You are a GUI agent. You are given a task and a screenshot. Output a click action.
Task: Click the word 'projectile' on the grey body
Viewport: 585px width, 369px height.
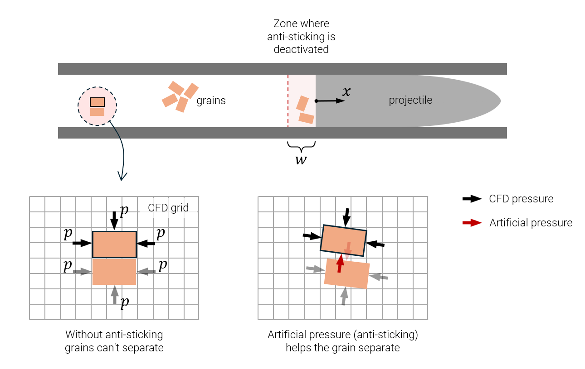pyautogui.click(x=410, y=100)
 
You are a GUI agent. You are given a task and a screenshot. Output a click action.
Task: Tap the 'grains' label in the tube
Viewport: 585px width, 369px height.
pyautogui.click(x=211, y=101)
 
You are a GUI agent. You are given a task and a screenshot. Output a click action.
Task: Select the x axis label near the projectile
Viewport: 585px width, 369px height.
pyautogui.click(x=346, y=92)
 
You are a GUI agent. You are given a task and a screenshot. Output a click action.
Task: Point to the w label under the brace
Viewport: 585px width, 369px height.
pyautogui.click(x=301, y=160)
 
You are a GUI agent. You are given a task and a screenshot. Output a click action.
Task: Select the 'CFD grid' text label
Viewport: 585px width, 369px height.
pyautogui.click(x=168, y=208)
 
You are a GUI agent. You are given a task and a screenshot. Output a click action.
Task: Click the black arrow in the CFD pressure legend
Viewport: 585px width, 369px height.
pyautogui.click(x=472, y=199)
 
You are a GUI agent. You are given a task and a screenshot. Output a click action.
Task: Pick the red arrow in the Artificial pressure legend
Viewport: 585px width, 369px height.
pyautogui.click(x=472, y=223)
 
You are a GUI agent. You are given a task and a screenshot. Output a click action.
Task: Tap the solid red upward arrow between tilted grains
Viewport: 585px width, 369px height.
pyautogui.click(x=339, y=264)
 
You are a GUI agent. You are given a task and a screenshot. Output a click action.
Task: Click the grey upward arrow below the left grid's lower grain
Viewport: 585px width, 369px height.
pyautogui.click(x=114, y=294)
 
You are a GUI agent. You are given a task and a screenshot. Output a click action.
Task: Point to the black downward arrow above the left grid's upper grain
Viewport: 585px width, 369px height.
pyautogui.click(x=114, y=221)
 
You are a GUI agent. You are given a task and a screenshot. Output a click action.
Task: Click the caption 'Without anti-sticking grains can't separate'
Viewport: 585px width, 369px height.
pyautogui.click(x=114, y=341)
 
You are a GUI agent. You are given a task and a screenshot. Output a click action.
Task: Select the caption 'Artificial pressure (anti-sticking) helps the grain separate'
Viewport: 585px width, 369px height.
pyautogui.click(x=343, y=341)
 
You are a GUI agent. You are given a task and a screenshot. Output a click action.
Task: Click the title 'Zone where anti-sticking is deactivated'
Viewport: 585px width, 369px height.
pyautogui.click(x=301, y=36)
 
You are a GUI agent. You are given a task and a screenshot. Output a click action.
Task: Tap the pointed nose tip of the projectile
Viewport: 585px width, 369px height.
pyautogui.click(x=500, y=101)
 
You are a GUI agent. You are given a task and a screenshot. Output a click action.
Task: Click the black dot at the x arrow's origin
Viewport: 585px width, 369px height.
pyautogui.click(x=316, y=101)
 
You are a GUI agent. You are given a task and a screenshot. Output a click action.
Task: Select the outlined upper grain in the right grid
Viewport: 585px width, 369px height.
pyautogui.click(x=343, y=240)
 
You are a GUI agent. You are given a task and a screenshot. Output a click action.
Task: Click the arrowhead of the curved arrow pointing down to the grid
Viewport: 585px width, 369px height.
pyautogui.click(x=122, y=176)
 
